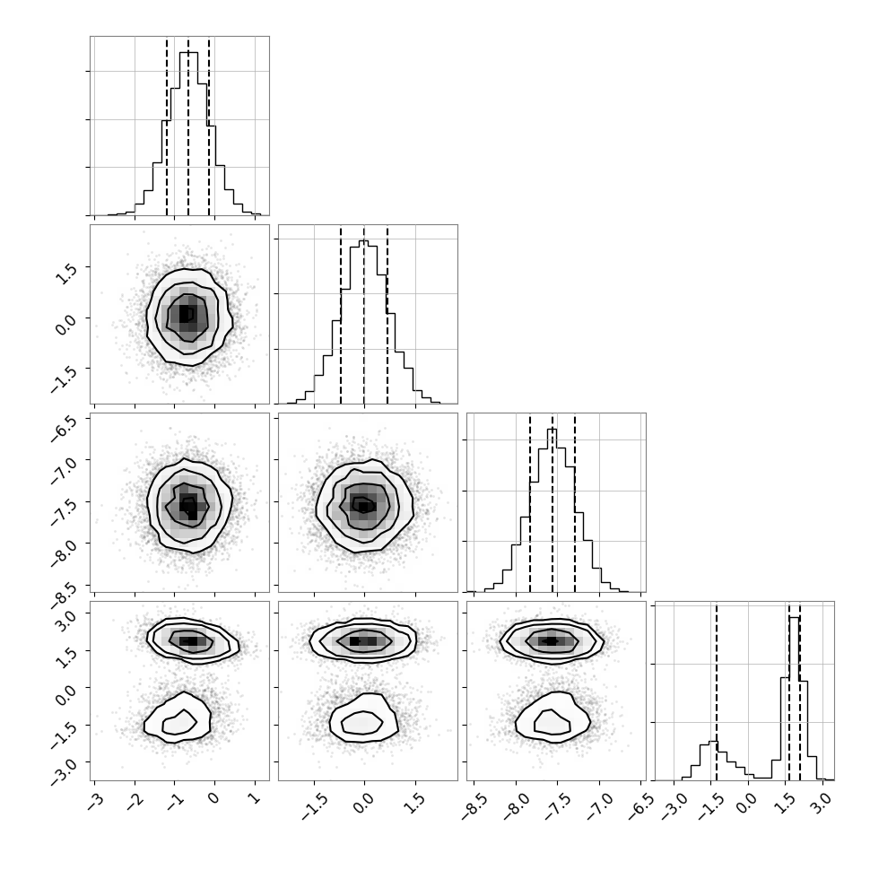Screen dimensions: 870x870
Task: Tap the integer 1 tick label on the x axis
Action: click(x=255, y=798)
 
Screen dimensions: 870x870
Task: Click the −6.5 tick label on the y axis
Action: click(x=64, y=428)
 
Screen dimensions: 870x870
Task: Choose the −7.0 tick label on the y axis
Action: click(x=64, y=471)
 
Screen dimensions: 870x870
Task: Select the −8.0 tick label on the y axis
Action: click(x=64, y=553)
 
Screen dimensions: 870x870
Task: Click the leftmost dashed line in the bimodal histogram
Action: click(x=717, y=692)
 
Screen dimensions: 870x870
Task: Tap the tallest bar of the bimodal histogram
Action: click(x=794, y=699)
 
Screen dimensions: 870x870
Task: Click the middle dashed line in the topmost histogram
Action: click(x=188, y=126)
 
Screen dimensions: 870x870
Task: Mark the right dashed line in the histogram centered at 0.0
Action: click(x=387, y=315)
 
